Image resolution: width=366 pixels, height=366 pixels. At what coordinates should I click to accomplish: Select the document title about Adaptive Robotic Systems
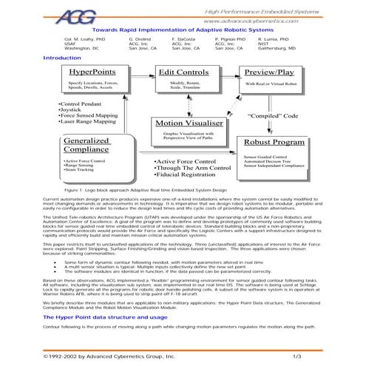point(183,30)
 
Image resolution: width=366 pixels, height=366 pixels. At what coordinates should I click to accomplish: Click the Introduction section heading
point(62,58)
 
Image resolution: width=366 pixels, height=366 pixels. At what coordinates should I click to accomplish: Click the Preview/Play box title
point(270,73)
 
